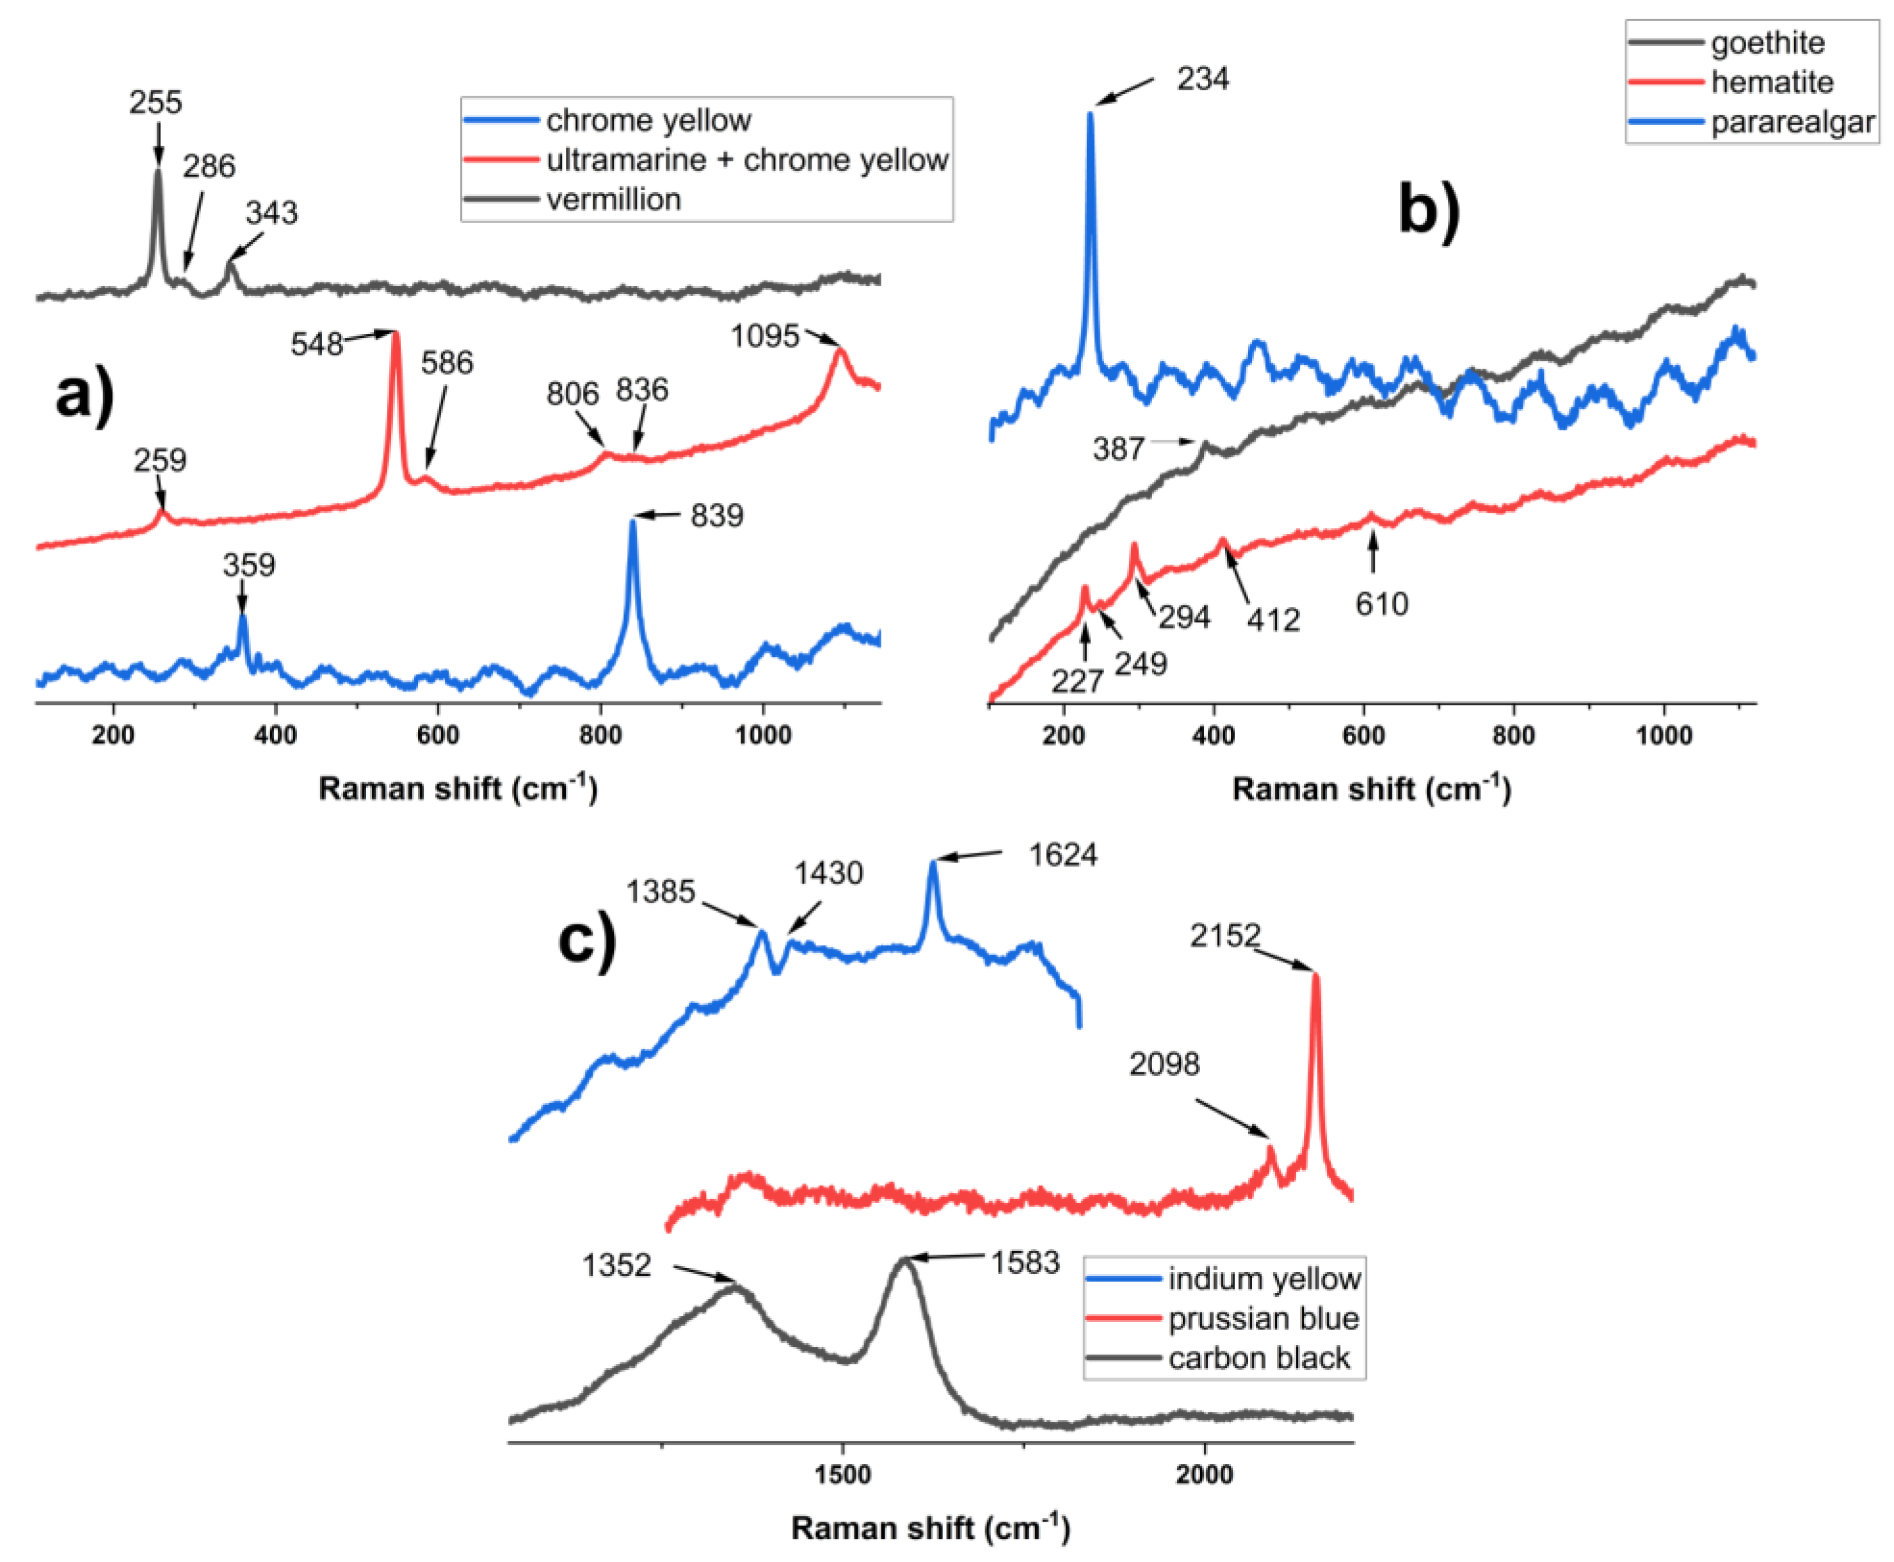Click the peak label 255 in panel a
click(x=155, y=102)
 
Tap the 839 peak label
click(x=716, y=515)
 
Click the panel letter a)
click(x=84, y=395)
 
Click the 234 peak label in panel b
click(x=1202, y=79)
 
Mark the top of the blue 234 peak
click(x=1091, y=113)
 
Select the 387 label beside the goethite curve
click(x=1118, y=448)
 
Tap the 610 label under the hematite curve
click(x=1381, y=604)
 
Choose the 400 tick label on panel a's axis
click(x=275, y=735)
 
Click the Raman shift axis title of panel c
click(x=930, y=1527)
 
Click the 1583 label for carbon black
click(x=1025, y=1263)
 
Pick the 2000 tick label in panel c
click(x=1204, y=1476)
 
